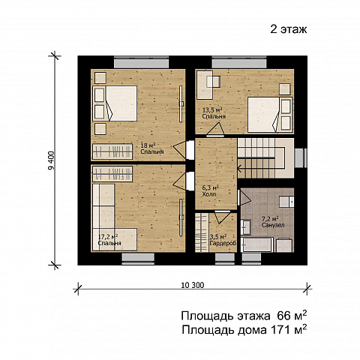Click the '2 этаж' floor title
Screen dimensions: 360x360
[x=288, y=29]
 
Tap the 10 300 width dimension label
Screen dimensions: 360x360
[x=193, y=285]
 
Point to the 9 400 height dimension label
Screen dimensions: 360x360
[x=51, y=160]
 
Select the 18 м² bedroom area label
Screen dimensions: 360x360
[x=148, y=145]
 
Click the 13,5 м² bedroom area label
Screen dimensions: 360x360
[x=212, y=109]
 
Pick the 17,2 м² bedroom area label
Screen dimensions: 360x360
[x=108, y=236]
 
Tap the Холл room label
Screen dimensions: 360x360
[x=209, y=194]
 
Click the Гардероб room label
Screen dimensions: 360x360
[x=223, y=243]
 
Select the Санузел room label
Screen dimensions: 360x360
[x=273, y=225]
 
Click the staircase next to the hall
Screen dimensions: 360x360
[x=265, y=158]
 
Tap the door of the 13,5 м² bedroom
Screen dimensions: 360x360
[x=216, y=130]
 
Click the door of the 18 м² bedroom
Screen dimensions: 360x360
[x=183, y=150]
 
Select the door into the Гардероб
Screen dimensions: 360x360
[x=222, y=217]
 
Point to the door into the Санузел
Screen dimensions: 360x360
[x=244, y=198]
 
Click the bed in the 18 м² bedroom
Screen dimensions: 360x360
[x=115, y=103]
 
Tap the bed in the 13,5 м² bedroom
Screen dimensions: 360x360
[x=270, y=115]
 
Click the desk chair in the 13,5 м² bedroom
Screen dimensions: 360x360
[x=213, y=82]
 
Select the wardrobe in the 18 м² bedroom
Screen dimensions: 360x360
[x=112, y=151]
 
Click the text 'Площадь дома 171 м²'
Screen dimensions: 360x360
[x=244, y=330]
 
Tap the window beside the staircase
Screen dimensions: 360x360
[x=301, y=158]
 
